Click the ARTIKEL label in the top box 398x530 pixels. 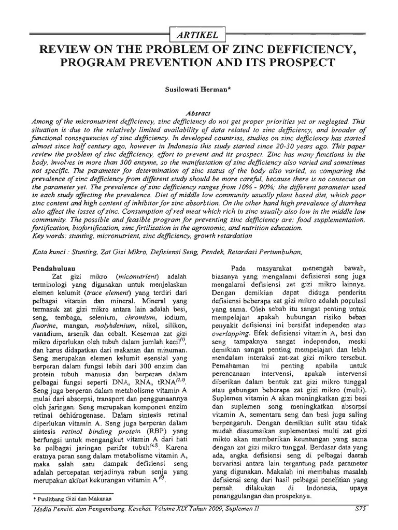coord(198,35)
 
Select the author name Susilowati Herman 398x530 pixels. coord(198,90)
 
